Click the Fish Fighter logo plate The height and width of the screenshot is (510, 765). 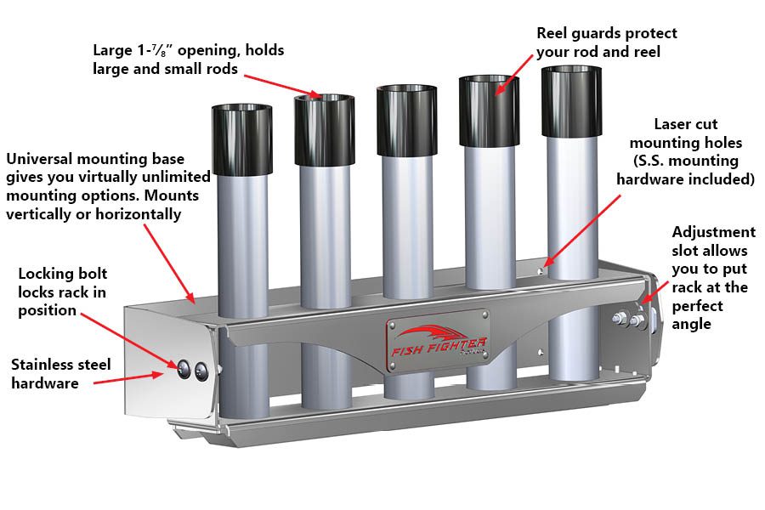pyautogui.click(x=438, y=341)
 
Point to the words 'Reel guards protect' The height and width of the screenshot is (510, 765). pyautogui.click(x=607, y=33)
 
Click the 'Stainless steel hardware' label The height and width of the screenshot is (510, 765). pyautogui.click(x=61, y=374)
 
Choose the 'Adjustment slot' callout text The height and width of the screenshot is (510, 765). pyautogui.click(x=712, y=232)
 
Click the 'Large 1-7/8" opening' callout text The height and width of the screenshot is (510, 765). pyautogui.click(x=189, y=51)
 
